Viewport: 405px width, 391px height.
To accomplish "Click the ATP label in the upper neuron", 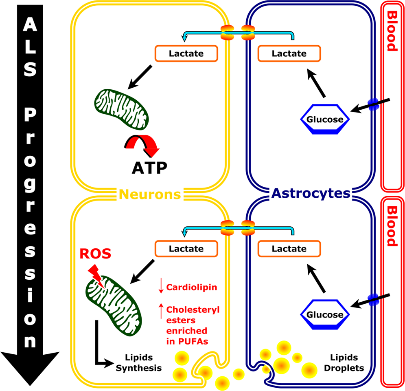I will tap(149, 167).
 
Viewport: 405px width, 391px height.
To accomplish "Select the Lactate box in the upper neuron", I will tap(186, 53).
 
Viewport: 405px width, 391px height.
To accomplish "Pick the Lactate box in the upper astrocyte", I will tap(289, 53).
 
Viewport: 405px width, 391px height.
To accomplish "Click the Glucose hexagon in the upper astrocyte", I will tap(324, 119).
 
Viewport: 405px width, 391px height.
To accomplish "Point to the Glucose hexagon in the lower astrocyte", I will tap(324, 315).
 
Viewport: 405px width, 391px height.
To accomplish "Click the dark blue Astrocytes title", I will tap(311, 193).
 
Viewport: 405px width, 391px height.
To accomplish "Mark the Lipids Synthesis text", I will tap(139, 362).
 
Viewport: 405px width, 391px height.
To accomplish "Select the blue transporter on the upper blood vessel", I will tap(373, 104).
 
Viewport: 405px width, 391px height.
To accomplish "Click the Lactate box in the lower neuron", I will tap(186, 248).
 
